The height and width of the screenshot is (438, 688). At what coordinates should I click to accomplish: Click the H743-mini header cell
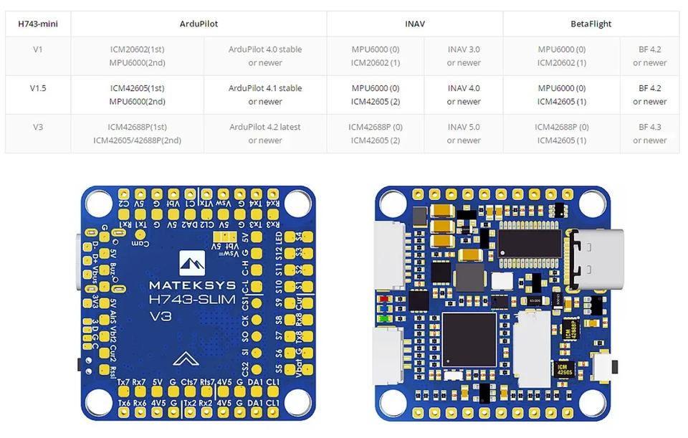tap(38, 24)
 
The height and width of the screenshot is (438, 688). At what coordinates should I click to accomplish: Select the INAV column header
tap(414, 24)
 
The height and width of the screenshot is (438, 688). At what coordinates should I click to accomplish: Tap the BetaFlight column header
tap(591, 24)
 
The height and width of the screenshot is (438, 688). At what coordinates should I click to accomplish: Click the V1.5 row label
tap(38, 88)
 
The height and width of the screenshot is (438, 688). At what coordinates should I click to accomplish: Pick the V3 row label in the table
tap(38, 127)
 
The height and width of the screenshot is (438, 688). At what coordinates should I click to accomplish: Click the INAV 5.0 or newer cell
tap(464, 133)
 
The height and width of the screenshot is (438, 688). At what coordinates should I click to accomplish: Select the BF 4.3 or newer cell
tap(649, 133)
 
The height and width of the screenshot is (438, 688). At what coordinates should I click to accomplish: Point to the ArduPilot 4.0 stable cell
tap(265, 56)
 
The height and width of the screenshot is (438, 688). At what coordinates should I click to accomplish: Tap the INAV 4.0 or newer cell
tap(464, 95)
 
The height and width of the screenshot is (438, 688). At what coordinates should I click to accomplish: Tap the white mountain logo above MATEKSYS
tap(191, 264)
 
